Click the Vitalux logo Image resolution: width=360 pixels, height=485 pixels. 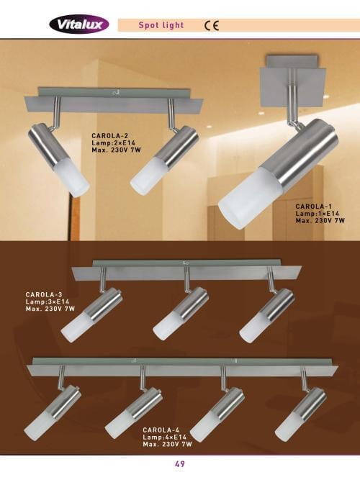tap(79, 24)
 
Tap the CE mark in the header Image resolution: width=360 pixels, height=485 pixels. tap(212, 25)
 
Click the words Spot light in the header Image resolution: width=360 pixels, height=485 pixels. tap(161, 25)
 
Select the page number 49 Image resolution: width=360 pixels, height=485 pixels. tap(180, 464)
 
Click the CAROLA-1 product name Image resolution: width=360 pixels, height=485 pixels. tap(314, 207)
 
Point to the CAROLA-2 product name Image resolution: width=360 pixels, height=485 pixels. tap(110, 135)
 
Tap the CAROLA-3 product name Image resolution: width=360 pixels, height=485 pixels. tap(44, 294)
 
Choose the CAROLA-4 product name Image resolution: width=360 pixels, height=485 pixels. tap(161, 430)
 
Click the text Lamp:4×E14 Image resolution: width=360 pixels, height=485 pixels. tap(165, 437)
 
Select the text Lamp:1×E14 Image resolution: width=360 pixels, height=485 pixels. tap(318, 214)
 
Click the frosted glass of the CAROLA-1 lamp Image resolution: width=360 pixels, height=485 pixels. tap(250, 198)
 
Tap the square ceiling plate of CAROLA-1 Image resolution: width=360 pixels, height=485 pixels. tap(293, 88)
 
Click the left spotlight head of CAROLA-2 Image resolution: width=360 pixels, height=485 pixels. tap(58, 160)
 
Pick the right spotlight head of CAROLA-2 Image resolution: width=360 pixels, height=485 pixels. tap(164, 160)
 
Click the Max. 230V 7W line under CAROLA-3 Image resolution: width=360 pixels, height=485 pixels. tap(50, 309)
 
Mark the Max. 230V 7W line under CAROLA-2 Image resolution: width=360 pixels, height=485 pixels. tap(117, 150)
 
